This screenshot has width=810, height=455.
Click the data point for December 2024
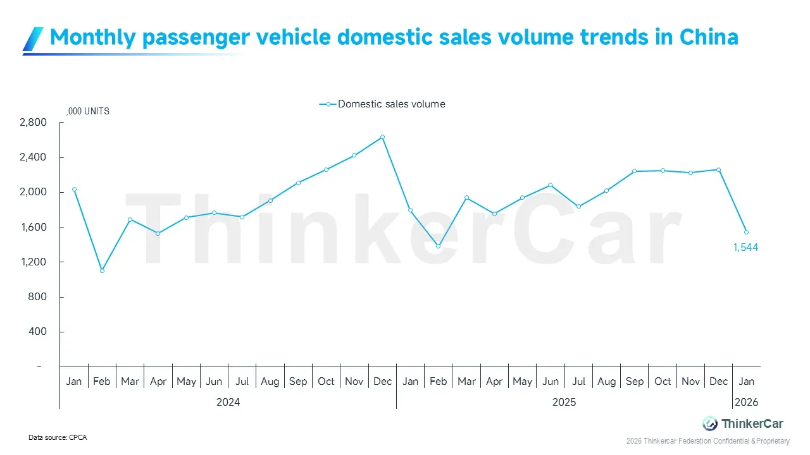pos(382,137)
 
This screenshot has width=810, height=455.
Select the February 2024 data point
pos(102,270)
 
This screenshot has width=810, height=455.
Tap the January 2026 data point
pos(746,232)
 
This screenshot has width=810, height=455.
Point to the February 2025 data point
pos(438,246)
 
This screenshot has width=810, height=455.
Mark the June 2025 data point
pos(550,185)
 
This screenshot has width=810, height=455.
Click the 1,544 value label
pos(745,248)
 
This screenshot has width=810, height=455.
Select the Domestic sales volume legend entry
pos(383,104)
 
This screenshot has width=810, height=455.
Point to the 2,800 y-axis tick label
pos(33,123)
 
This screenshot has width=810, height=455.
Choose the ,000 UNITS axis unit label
pos(88,111)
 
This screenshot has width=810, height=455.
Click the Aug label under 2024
pos(270,382)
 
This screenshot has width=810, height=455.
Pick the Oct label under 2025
pos(663,382)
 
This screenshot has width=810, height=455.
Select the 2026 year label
pos(746,402)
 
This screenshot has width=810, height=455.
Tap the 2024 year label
pos(228,402)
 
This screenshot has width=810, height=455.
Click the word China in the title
pos(709,37)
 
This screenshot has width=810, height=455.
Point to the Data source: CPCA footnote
pos(58,437)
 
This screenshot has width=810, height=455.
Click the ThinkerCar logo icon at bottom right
pos(710,423)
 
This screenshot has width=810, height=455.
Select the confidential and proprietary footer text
pos(707,440)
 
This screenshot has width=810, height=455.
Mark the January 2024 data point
pos(74,190)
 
